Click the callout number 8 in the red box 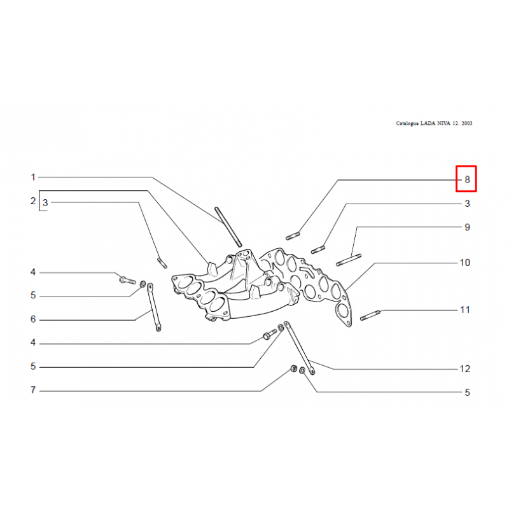click(467, 179)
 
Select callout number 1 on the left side click(33, 178)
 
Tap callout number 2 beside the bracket click(33, 201)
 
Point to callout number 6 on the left click(33, 319)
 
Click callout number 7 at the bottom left click(33, 390)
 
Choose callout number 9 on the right click(467, 227)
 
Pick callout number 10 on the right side click(465, 263)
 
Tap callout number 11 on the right click(465, 310)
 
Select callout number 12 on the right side click(465, 369)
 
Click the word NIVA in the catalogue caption click(443, 123)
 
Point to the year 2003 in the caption click(467, 123)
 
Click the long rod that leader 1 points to click(228, 227)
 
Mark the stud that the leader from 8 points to click(293, 235)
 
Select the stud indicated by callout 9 click(349, 260)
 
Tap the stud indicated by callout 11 click(370, 316)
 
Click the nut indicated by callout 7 click(293, 369)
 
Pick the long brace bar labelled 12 click(299, 348)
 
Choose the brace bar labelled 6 click(154, 307)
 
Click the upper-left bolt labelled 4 click(127, 279)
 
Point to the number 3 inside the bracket click(45, 203)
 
